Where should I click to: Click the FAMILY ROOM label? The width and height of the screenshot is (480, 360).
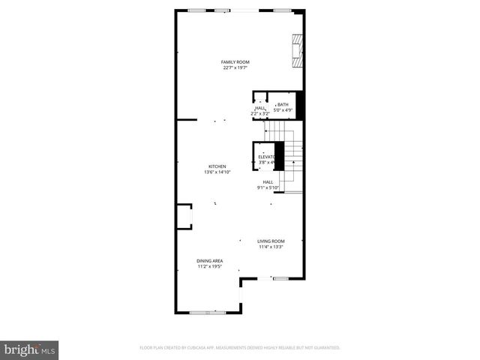(235, 61)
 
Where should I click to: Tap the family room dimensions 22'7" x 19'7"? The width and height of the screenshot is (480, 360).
(235, 67)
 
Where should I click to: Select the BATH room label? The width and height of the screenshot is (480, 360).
(283, 105)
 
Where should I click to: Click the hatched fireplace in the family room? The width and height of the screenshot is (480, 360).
(298, 52)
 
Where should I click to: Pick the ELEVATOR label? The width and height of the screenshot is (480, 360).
(266, 157)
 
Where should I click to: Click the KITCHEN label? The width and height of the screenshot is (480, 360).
(217, 166)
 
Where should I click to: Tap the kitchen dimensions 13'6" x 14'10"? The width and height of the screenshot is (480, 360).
(217, 172)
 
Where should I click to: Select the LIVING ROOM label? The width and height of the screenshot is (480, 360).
(271, 241)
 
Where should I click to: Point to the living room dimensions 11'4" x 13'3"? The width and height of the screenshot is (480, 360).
(271, 247)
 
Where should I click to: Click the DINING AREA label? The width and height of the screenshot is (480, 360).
(210, 260)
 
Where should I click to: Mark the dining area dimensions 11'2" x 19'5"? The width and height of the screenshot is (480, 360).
(210, 266)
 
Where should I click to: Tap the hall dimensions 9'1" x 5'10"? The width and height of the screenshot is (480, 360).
(268, 188)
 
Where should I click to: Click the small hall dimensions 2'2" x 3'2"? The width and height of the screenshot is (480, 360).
(259, 113)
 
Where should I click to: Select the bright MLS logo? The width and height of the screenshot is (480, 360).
(30, 349)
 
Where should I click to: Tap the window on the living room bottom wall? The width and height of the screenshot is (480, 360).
(281, 278)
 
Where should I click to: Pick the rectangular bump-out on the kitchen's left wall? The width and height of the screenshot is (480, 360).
(184, 217)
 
